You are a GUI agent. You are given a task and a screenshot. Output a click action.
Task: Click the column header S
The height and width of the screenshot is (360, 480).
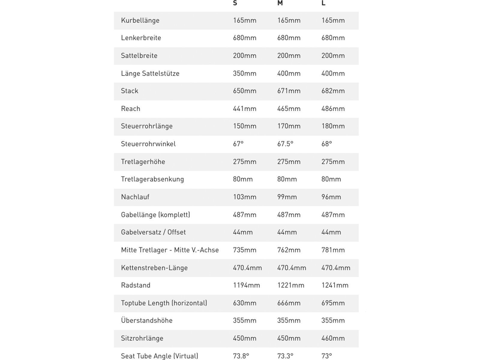pyautogui.click(x=235, y=3)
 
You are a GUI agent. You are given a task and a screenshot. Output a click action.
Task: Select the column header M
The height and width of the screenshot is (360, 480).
pyautogui.click(x=280, y=3)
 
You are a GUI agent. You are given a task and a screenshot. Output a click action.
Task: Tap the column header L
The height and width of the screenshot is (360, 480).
pyautogui.click(x=323, y=3)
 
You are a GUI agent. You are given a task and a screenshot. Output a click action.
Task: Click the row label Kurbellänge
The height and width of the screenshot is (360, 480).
pyautogui.click(x=140, y=20)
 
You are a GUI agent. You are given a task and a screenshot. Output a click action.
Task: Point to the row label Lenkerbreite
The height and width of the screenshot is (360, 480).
pyautogui.click(x=141, y=38)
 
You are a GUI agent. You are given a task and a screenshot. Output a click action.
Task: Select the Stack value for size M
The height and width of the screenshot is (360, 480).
pyautogui.click(x=289, y=91)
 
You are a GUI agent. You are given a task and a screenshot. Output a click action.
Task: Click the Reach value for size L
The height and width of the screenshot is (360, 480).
pyautogui.click(x=333, y=109)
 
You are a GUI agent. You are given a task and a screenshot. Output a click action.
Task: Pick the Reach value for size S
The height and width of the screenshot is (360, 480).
pyautogui.click(x=244, y=109)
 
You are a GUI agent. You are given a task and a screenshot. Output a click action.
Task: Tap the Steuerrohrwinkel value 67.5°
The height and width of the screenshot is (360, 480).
pyautogui.click(x=285, y=144)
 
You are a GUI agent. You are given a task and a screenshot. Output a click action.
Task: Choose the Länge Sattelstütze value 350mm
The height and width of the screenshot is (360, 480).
pyautogui.click(x=244, y=73)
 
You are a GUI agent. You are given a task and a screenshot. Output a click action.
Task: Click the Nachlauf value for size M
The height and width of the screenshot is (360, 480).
pyautogui.click(x=287, y=197)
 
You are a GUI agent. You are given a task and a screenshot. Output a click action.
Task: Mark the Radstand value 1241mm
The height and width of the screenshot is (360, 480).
pyautogui.click(x=335, y=285)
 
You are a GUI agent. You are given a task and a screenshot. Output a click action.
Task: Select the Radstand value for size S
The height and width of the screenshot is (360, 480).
pyautogui.click(x=246, y=285)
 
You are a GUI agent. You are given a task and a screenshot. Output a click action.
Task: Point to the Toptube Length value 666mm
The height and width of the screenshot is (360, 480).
pyautogui.click(x=289, y=303)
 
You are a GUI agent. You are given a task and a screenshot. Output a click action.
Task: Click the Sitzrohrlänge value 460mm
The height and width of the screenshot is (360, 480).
pyautogui.click(x=333, y=338)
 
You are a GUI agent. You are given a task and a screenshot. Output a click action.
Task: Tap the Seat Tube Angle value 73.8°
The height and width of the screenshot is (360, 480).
pyautogui.click(x=241, y=356)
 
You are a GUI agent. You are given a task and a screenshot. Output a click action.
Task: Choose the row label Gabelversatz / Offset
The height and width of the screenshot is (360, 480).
pyautogui.click(x=153, y=232)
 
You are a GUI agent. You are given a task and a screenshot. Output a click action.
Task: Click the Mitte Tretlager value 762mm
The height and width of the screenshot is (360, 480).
pyautogui.click(x=289, y=250)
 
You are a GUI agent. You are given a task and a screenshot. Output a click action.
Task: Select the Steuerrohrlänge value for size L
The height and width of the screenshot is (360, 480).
pyautogui.click(x=333, y=126)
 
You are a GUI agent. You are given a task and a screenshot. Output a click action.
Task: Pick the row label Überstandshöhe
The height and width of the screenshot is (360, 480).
pyautogui.click(x=147, y=320)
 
